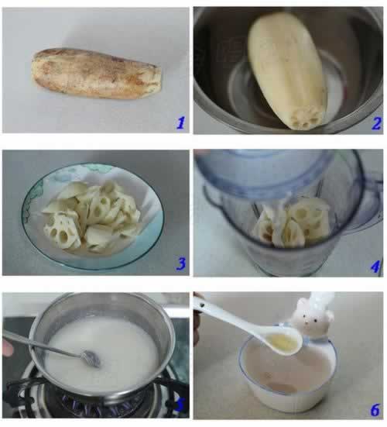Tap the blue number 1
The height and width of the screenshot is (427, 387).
pos(180,122)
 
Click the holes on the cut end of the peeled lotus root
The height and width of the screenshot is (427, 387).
pos(303,117)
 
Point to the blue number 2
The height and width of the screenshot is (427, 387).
pos(375,122)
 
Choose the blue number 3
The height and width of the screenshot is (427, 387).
pos(180,264)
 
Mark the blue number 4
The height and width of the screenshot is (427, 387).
pos(375,266)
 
